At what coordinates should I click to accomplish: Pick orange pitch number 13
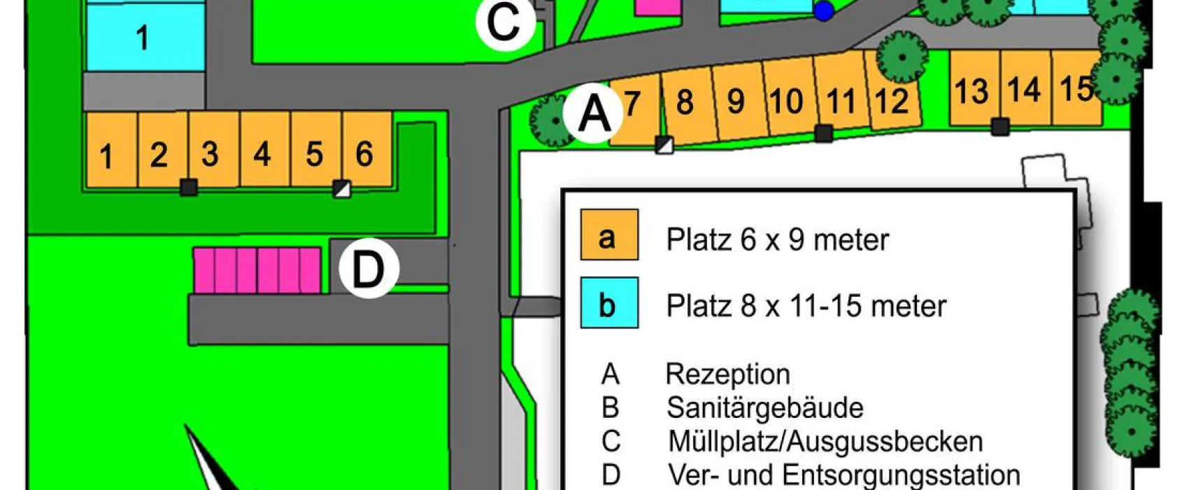click(x=974, y=89)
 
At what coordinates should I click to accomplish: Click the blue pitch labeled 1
click(x=144, y=36)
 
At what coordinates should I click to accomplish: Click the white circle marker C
click(x=505, y=22)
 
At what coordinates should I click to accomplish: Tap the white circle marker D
click(x=369, y=269)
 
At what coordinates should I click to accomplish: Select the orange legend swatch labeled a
click(x=608, y=235)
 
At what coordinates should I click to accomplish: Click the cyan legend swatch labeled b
click(x=608, y=303)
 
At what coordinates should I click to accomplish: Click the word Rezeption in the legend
click(x=727, y=374)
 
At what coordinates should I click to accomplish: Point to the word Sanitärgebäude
click(x=764, y=407)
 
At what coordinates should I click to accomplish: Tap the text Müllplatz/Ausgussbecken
click(x=825, y=442)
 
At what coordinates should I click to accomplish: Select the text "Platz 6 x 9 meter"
click(x=777, y=240)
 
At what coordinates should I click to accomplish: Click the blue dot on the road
click(x=824, y=10)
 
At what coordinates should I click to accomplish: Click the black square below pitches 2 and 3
click(x=188, y=187)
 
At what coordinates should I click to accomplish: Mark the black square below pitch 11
click(x=824, y=133)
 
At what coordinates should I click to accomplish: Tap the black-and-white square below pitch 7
click(x=664, y=145)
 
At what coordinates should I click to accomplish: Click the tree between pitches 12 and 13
click(x=902, y=57)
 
